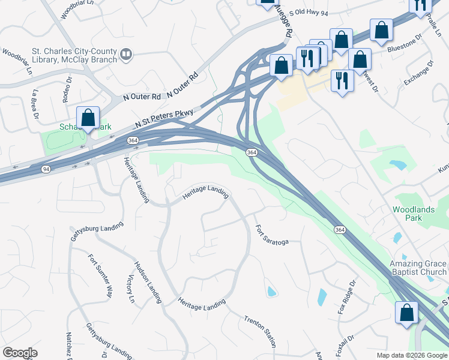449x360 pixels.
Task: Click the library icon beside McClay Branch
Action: [126, 55]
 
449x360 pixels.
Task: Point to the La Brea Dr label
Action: [35, 103]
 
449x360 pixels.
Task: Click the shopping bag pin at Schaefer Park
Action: [88, 118]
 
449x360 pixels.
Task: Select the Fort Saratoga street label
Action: [272, 235]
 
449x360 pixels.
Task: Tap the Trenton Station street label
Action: [261, 331]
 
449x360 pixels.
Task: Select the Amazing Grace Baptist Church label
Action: [418, 268]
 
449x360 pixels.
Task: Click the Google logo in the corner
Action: [20, 352]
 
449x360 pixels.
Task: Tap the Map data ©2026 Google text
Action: [411, 355]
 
